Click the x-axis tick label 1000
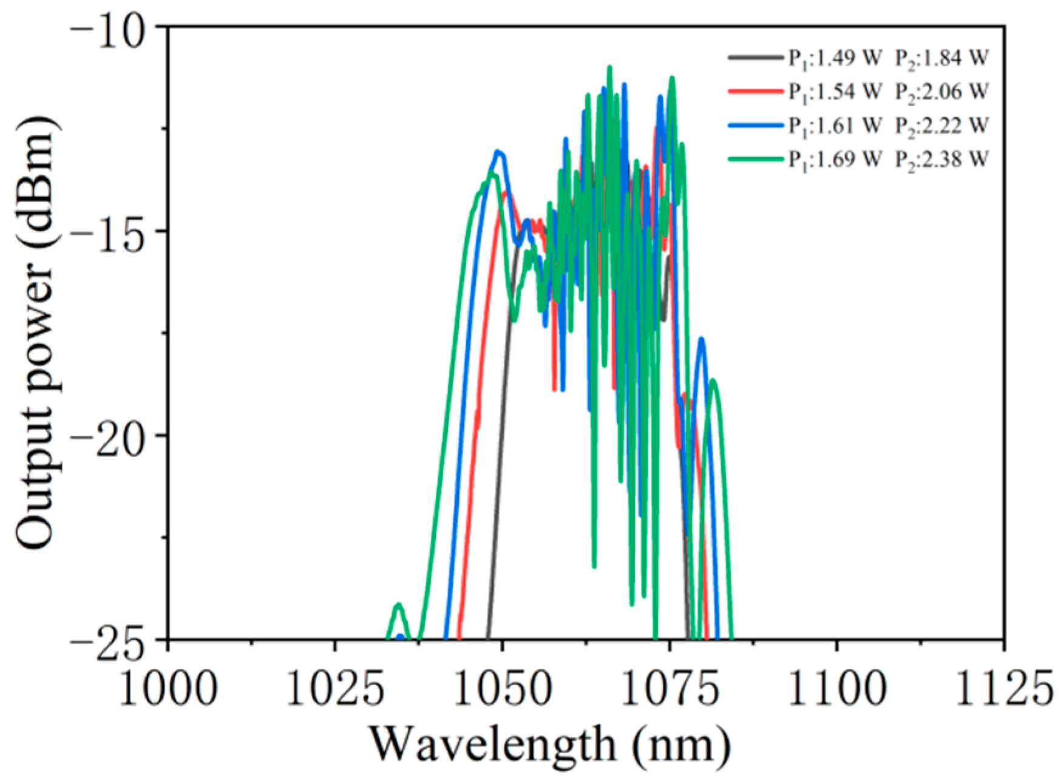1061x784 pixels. pyautogui.click(x=168, y=689)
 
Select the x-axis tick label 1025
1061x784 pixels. pyautogui.click(x=334, y=689)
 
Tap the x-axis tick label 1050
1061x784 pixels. pyautogui.click(x=502, y=689)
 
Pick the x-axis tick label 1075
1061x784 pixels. pyautogui.click(x=669, y=689)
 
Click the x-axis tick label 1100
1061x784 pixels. pyautogui.click(x=836, y=689)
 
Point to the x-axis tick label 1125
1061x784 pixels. pyautogui.click(x=1003, y=689)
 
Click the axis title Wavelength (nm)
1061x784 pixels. pyautogui.click(x=549, y=745)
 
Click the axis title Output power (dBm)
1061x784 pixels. pyautogui.click(x=38, y=333)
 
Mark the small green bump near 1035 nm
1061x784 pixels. pyautogui.click(x=399, y=606)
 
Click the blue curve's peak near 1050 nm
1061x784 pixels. pyautogui.click(x=498, y=152)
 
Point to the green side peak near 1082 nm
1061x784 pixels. pyautogui.click(x=713, y=381)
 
